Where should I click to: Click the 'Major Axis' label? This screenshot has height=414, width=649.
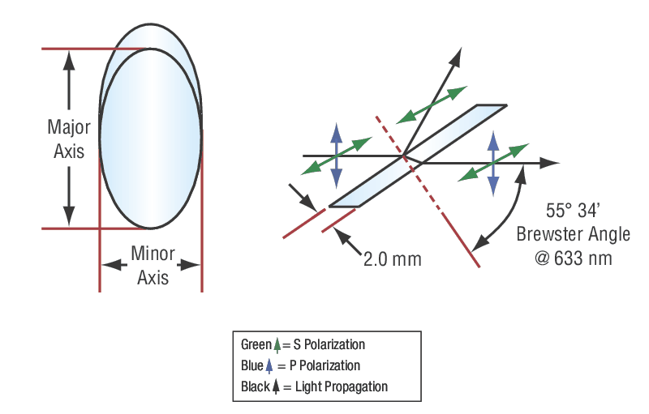point(68,139)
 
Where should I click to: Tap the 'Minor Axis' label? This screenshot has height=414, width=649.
point(152,265)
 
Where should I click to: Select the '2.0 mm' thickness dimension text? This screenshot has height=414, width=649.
point(393,259)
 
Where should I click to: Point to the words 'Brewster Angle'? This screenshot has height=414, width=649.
point(573,235)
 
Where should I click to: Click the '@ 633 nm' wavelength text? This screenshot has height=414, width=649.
point(573,258)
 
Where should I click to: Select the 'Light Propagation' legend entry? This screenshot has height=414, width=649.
point(336,386)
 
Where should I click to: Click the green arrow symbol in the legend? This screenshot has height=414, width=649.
point(279,344)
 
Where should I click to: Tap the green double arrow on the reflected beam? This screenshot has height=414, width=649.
point(432,103)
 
